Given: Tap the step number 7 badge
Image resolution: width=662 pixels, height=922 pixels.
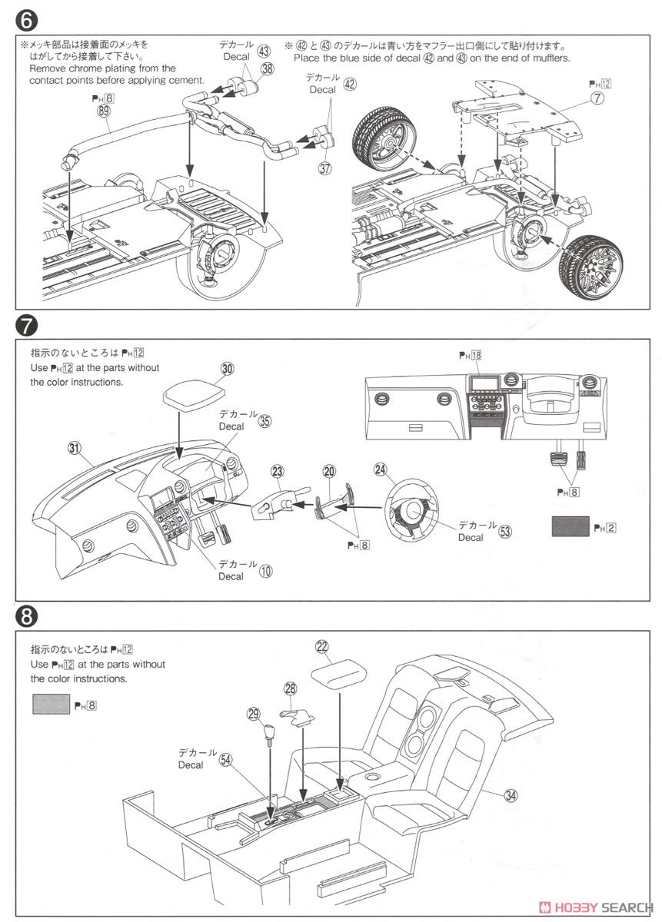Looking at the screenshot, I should click(x=25, y=326).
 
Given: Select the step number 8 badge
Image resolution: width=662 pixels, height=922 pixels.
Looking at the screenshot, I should click(x=25, y=615).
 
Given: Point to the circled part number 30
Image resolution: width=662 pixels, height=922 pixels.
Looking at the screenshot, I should click(x=226, y=369).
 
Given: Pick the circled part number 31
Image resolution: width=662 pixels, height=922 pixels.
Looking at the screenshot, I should click(x=75, y=449).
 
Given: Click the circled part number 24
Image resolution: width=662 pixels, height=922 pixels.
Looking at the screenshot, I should click(x=379, y=469).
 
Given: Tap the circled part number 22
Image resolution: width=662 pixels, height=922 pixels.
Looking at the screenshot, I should click(x=322, y=648).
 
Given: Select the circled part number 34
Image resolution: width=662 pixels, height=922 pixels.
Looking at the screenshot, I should click(x=511, y=795).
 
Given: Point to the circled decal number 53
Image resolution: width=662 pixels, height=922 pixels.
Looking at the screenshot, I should click(x=505, y=531).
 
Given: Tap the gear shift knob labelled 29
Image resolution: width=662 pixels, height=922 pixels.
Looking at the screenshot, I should click(x=270, y=735).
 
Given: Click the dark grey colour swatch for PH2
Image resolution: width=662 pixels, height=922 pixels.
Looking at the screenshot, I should click(x=571, y=527).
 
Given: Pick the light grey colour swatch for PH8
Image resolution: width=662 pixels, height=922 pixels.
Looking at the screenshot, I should click(x=51, y=703).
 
